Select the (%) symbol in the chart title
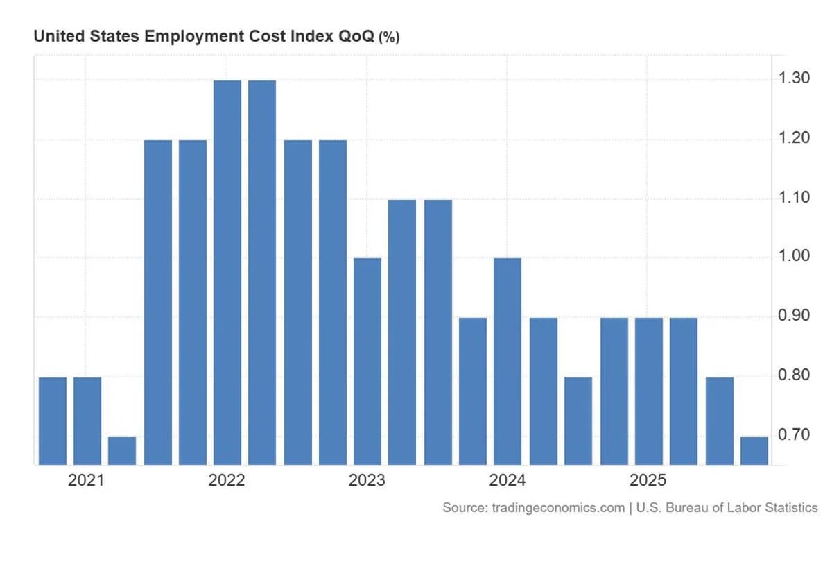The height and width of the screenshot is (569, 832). coord(389,37)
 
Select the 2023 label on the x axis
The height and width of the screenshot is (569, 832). coord(367,481)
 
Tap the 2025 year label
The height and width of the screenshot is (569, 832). coord(648,481)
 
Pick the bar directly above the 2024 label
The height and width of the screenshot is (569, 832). coord(508,361)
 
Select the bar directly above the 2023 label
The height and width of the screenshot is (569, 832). coord(367,361)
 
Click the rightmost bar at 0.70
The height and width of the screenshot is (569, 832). coord(754,451)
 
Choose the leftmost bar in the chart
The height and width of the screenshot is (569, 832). coord(53,421)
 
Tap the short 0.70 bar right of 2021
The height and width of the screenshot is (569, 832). coord(122,451)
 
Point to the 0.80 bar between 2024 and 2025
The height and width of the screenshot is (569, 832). coord(578,421)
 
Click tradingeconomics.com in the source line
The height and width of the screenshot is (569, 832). coord(558,508)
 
